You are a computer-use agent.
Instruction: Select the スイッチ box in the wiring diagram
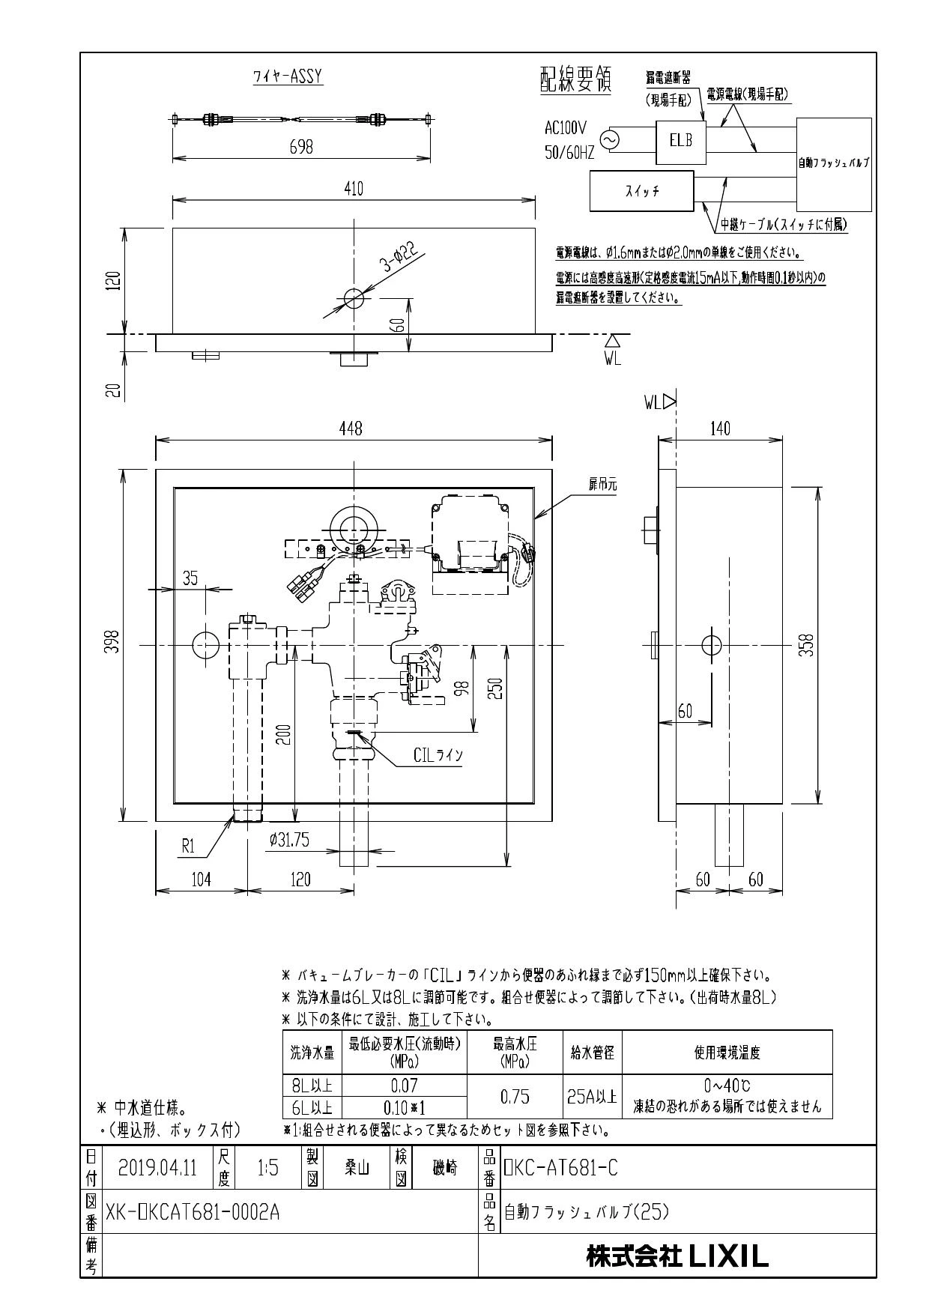(642, 192)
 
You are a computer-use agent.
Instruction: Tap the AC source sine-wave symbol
(605, 140)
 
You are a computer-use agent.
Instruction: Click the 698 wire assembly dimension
(301, 147)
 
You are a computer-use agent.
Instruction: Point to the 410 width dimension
(353, 189)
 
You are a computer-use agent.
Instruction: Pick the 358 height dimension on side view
(806, 644)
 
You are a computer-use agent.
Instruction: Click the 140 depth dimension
(720, 429)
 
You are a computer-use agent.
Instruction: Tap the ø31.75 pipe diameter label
(289, 841)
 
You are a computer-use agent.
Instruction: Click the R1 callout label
(188, 847)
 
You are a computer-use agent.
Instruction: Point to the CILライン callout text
(438, 755)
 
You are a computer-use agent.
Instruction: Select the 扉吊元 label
(602, 485)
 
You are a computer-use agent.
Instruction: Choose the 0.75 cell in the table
(515, 1097)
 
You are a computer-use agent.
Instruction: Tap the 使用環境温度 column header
(727, 1053)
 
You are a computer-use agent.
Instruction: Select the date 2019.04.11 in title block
(157, 1168)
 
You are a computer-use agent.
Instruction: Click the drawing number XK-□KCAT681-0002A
(193, 1212)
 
